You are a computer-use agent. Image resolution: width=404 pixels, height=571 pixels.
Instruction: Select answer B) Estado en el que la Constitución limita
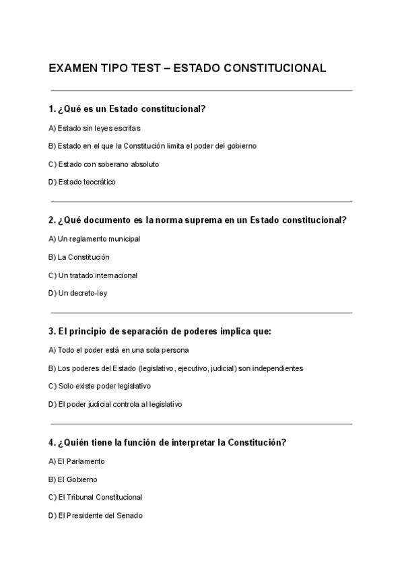(152, 145)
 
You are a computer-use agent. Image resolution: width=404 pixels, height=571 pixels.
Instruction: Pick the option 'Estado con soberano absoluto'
(104, 164)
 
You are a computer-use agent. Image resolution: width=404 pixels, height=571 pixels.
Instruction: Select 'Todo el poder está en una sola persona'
(119, 349)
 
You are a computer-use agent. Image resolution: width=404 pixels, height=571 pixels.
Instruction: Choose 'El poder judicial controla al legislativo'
(115, 404)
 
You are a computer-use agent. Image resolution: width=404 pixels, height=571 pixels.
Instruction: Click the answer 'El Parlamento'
(77, 461)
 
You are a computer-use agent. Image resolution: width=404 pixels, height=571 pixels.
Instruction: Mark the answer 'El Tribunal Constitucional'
(95, 498)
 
